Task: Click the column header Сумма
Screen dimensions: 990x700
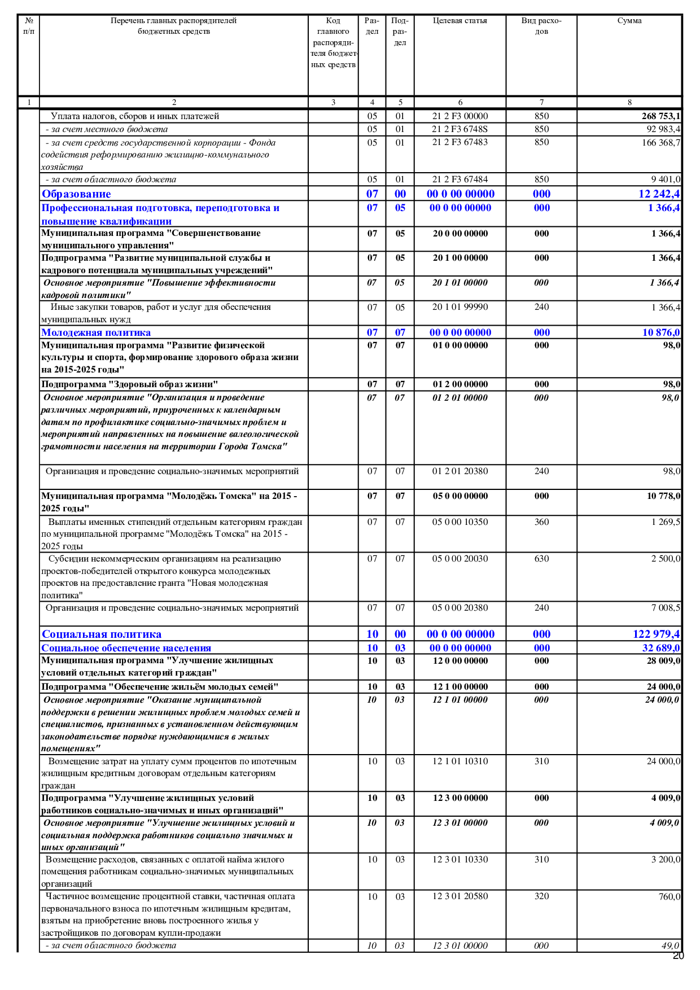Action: pyautogui.click(x=629, y=21)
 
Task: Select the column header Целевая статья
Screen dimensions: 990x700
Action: pyautogui.click(x=460, y=21)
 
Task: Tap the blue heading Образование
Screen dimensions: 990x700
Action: pyautogui.click(x=76, y=194)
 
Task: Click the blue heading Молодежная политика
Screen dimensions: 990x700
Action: pyautogui.click(x=96, y=332)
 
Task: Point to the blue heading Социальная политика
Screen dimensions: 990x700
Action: pyautogui.click(x=102, y=634)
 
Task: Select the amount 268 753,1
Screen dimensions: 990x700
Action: pyautogui.click(x=660, y=116)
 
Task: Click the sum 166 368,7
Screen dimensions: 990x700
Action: pyautogui.click(x=660, y=143)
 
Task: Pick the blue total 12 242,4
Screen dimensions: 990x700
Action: pyautogui.click(x=659, y=194)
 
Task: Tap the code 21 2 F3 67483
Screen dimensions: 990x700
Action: pyautogui.click(x=460, y=142)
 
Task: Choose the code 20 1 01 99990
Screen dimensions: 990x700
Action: pyautogui.click(x=460, y=307)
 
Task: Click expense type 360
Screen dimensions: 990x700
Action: pyautogui.click(x=541, y=522)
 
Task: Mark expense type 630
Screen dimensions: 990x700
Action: pyautogui.click(x=541, y=559)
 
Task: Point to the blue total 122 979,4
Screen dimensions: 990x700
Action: pyautogui.click(x=656, y=634)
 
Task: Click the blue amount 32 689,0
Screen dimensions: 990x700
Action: pyautogui.click(x=660, y=649)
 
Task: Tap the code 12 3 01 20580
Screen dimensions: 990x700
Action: pyautogui.click(x=460, y=896)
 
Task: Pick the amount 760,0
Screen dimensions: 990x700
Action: pyautogui.click(x=669, y=896)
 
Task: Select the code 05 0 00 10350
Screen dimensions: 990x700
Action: pyautogui.click(x=460, y=522)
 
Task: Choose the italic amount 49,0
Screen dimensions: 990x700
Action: pyautogui.click(x=670, y=945)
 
